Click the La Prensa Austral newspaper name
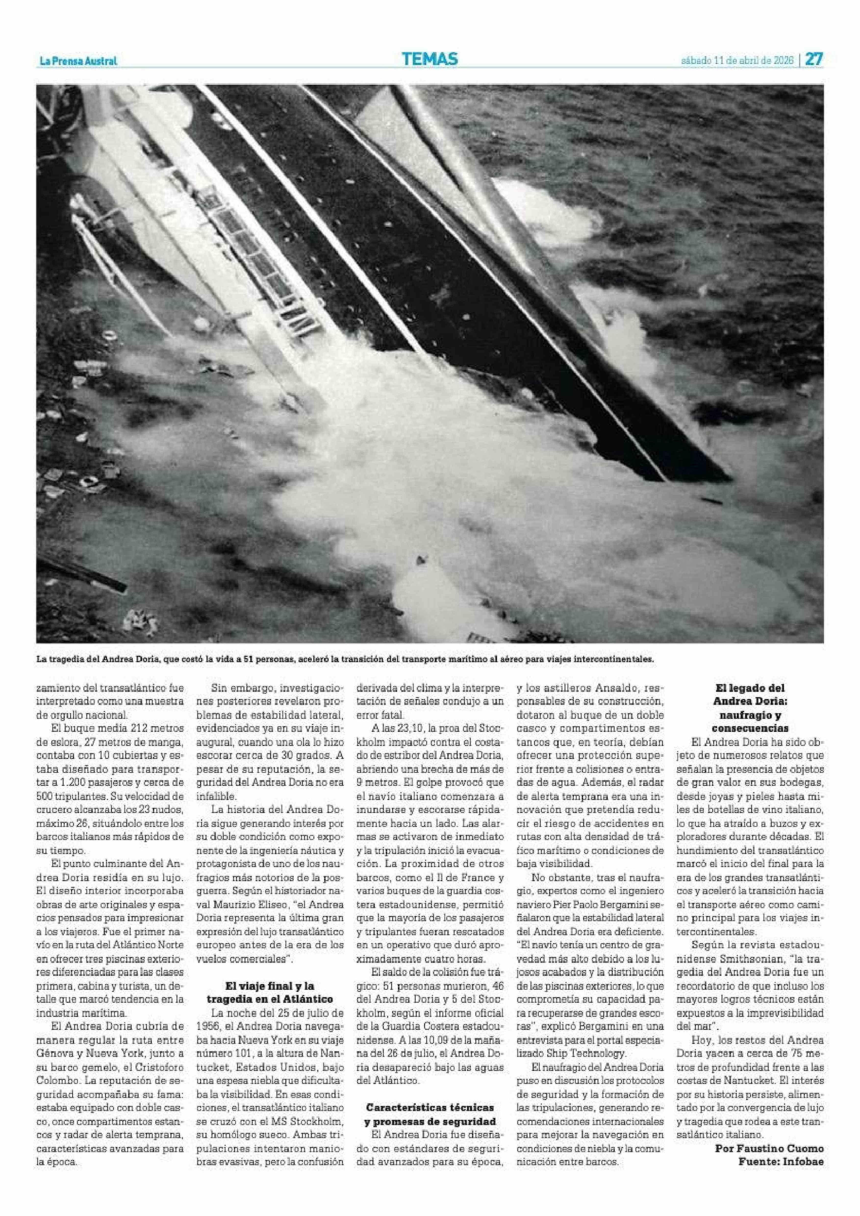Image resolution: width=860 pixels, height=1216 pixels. (x=78, y=62)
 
